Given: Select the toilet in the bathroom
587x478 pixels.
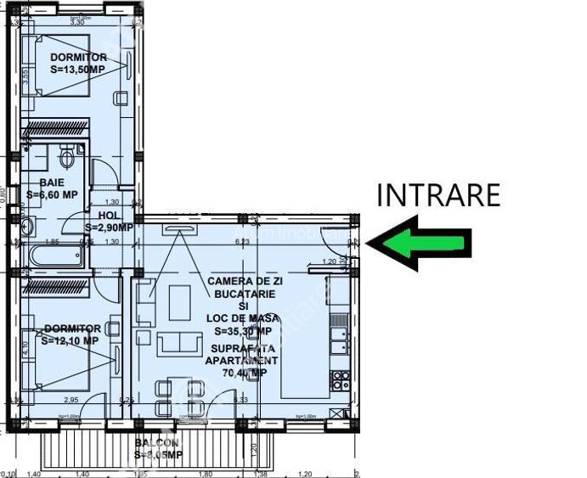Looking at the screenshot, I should [x=68, y=157].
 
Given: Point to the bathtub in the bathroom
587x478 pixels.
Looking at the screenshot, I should [x=56, y=256].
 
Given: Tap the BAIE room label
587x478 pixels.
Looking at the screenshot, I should [x=52, y=183].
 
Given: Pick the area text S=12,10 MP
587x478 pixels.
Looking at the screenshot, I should [x=70, y=340].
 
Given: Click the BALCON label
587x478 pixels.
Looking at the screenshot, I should [x=156, y=443].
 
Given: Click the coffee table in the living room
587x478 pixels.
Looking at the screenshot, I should [x=179, y=302].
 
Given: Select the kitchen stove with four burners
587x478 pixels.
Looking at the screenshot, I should [x=340, y=379].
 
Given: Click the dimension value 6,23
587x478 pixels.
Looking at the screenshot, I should [x=243, y=241].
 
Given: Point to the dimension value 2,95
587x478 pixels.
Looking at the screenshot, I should [x=73, y=398].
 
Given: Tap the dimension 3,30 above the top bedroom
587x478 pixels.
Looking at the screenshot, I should [x=76, y=22].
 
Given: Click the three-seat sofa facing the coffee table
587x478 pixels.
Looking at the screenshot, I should [x=178, y=343].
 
